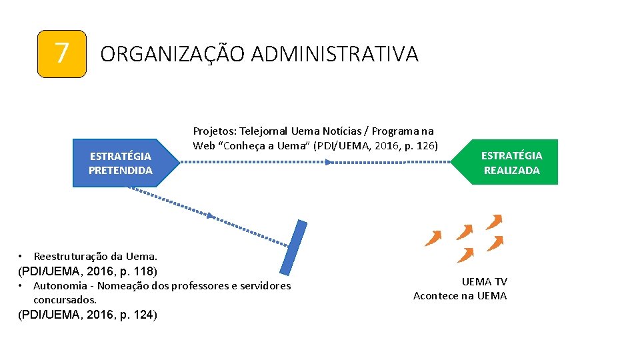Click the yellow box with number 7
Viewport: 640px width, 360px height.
pos(62,54)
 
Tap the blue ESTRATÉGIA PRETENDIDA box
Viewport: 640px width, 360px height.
pos(121,163)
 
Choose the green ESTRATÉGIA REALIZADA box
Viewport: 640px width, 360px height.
pos(511,163)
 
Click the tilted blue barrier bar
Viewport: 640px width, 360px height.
pos(293,247)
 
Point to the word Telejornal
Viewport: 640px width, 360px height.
pos(263,131)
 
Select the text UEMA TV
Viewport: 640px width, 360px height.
pos(485,282)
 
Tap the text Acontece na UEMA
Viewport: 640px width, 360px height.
pos(460,296)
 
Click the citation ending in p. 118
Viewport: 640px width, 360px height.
pos(87,271)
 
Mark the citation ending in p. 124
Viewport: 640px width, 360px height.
pos(87,315)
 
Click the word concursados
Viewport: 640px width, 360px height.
pos(65,300)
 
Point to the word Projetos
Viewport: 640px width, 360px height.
pos(215,131)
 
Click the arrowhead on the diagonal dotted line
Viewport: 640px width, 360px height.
pos(211,215)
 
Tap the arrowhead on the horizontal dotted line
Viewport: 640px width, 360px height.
pos(328,162)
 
